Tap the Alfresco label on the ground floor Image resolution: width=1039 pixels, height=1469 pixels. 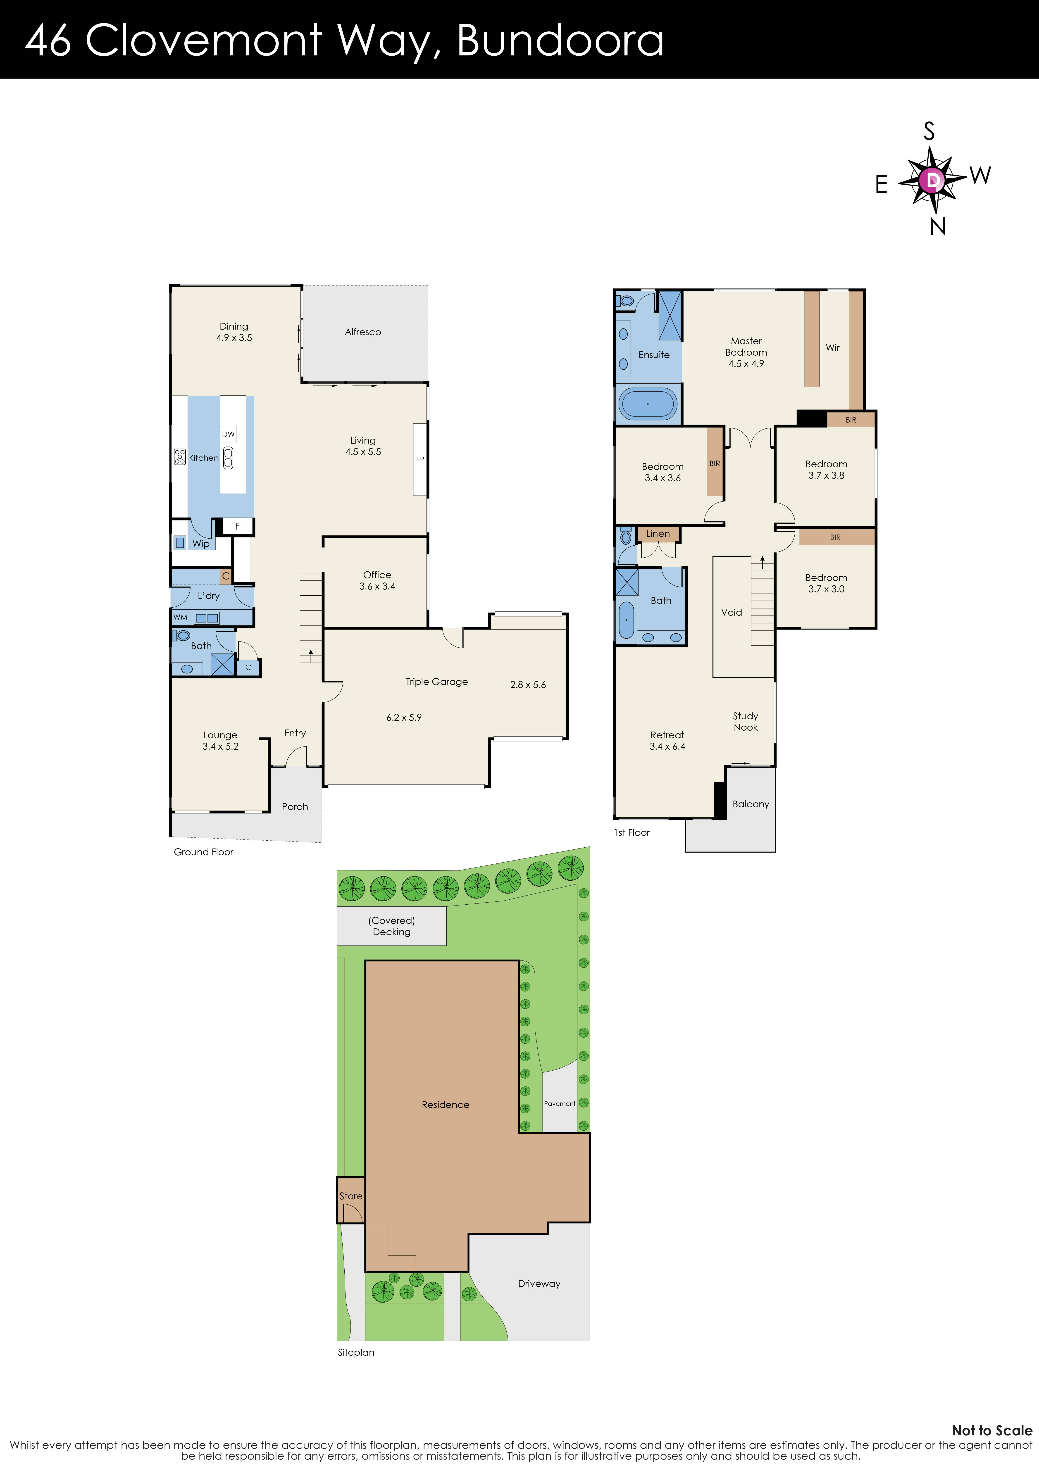363,332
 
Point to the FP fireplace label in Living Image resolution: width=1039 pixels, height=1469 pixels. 420,459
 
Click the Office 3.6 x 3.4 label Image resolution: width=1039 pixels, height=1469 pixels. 377,580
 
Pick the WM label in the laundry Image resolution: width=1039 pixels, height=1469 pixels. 180,617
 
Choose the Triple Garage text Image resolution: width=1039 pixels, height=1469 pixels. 436,682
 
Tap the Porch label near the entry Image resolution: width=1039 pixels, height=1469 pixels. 295,807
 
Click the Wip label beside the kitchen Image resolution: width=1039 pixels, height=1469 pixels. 201,544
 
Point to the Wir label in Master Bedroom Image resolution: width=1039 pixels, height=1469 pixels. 832,348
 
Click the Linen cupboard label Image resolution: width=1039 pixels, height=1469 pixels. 658,534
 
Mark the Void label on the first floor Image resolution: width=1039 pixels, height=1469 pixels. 731,612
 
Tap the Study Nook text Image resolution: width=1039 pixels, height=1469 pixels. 745,722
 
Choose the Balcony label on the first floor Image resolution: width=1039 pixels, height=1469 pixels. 751,804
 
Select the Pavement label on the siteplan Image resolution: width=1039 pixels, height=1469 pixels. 559,1104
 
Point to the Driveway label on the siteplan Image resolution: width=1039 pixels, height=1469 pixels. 539,1284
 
